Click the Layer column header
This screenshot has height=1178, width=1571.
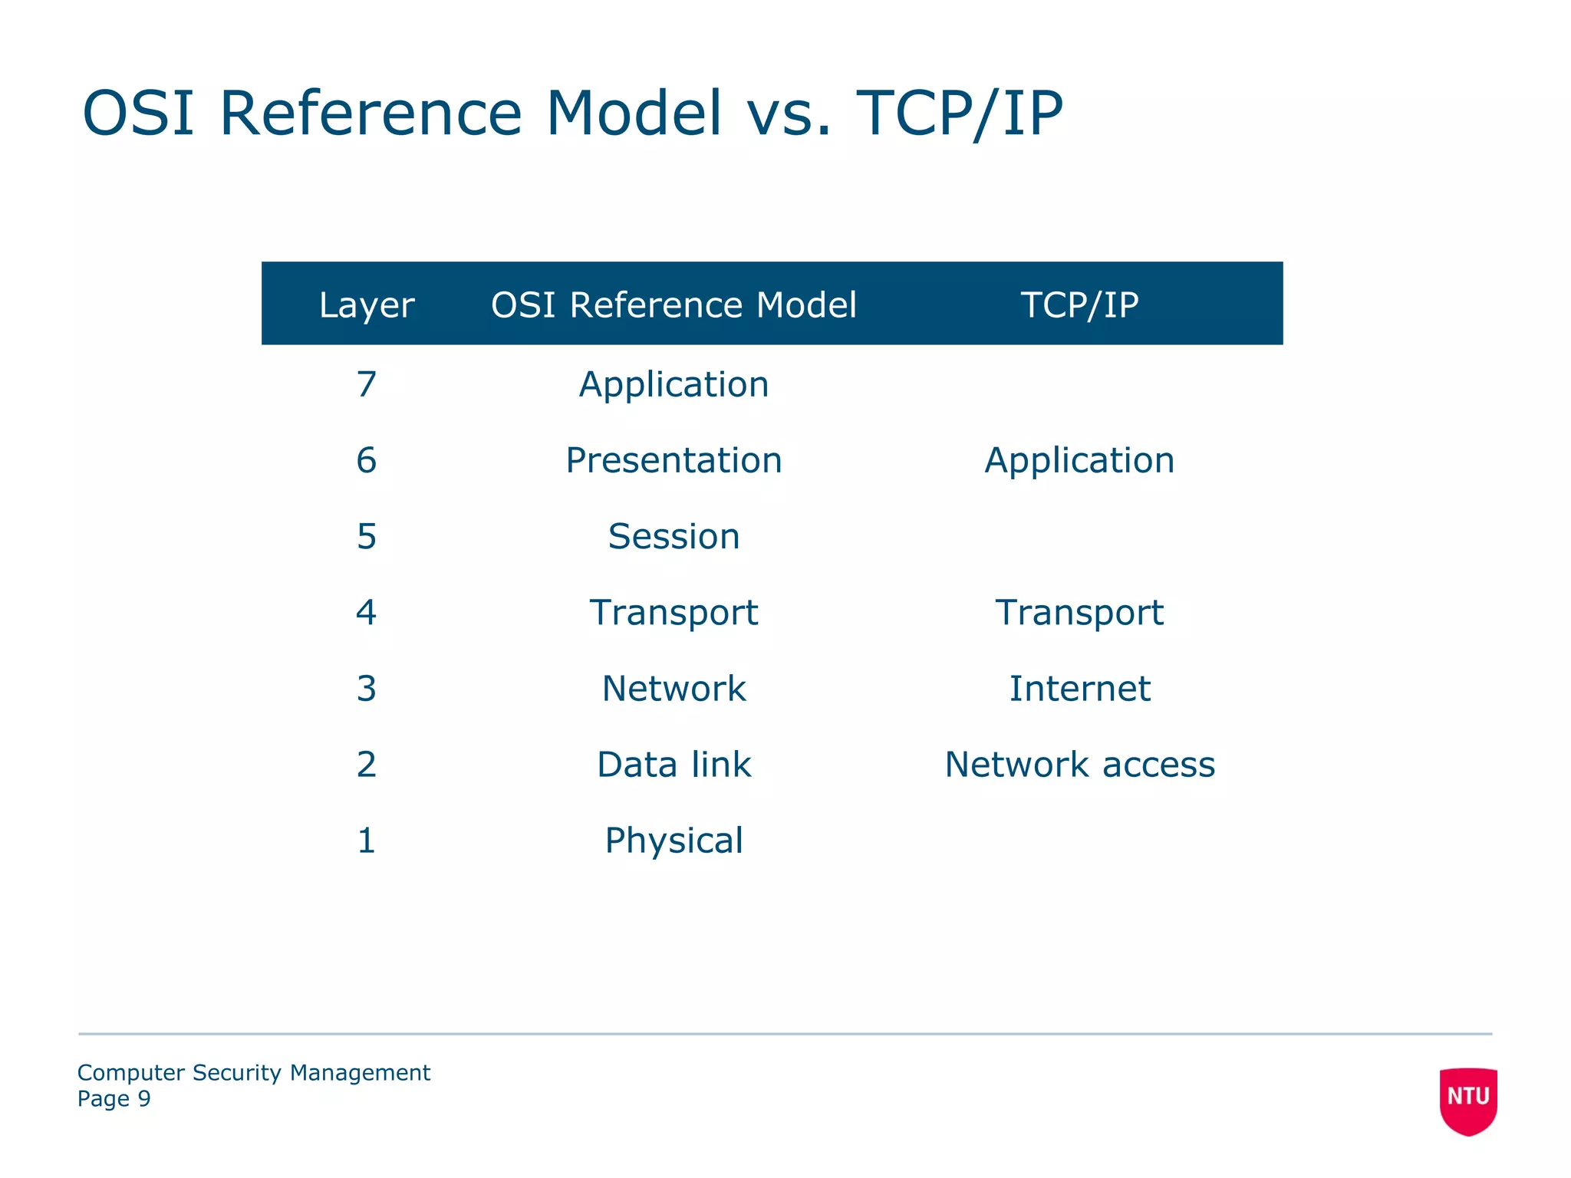(x=366, y=305)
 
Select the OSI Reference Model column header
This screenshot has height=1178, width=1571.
(x=674, y=305)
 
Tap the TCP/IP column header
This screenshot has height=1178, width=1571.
(x=1079, y=305)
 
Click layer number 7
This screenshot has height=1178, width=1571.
(x=366, y=384)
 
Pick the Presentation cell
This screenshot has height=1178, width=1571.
(x=674, y=460)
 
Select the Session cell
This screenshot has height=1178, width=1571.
(x=674, y=536)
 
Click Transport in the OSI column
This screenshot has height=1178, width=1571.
(x=674, y=612)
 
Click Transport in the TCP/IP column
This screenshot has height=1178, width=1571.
(x=1079, y=612)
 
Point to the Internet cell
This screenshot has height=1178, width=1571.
(x=1079, y=688)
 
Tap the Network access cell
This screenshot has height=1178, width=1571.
(x=1079, y=764)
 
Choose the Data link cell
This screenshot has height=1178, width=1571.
(x=674, y=764)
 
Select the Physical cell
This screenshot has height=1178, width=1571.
(x=674, y=841)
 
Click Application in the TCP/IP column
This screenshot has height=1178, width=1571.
(x=1079, y=460)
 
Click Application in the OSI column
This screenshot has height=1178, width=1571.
(x=674, y=384)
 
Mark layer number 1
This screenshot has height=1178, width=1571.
(x=366, y=841)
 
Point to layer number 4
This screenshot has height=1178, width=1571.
(x=366, y=612)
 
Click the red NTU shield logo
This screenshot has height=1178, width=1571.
(x=1467, y=1100)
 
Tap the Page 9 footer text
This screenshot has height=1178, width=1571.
(x=114, y=1099)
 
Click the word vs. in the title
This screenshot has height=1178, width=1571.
(x=789, y=114)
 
